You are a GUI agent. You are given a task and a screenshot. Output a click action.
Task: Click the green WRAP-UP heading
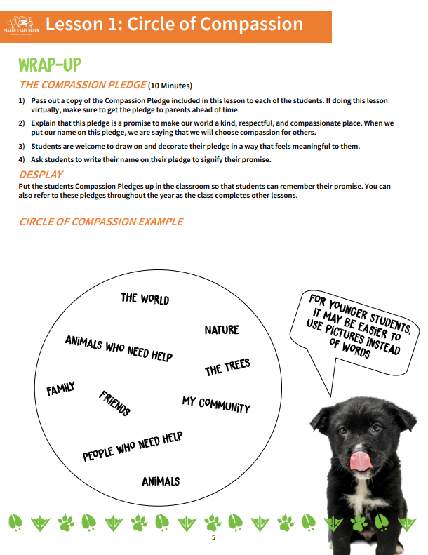click(50, 65)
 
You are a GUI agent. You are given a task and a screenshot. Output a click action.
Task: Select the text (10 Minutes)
click(170, 86)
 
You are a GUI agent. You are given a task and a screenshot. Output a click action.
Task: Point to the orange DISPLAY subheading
click(41, 174)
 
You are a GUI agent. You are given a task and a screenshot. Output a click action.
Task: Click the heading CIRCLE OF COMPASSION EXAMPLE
click(101, 222)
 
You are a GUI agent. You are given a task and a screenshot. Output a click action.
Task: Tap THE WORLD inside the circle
click(145, 298)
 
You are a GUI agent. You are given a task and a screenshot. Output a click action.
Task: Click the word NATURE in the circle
click(222, 330)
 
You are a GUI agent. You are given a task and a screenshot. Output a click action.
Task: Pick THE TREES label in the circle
click(227, 368)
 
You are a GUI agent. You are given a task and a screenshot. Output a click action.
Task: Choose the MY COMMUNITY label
click(215, 403)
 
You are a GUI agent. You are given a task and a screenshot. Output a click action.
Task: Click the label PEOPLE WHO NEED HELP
click(133, 446)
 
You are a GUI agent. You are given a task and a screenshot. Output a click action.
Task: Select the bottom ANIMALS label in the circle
click(161, 481)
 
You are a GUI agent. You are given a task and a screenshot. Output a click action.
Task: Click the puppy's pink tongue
click(362, 460)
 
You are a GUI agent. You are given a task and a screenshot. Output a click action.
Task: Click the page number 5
click(214, 537)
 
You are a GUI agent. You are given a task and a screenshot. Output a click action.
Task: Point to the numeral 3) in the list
click(22, 146)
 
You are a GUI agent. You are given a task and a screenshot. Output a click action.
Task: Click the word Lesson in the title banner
click(76, 24)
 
